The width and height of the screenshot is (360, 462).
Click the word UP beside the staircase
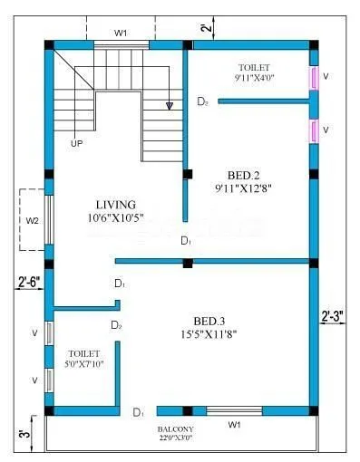click(x=76, y=142)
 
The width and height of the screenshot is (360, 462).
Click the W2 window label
click(x=32, y=220)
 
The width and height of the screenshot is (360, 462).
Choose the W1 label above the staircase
click(x=121, y=33)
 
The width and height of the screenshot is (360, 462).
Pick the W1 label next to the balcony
click(x=234, y=424)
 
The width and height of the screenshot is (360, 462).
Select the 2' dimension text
click(x=207, y=28)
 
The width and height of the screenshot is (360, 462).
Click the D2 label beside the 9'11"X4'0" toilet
click(x=203, y=102)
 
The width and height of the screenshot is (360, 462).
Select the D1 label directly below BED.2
click(x=185, y=241)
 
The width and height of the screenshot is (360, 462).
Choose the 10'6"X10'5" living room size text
click(x=116, y=217)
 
